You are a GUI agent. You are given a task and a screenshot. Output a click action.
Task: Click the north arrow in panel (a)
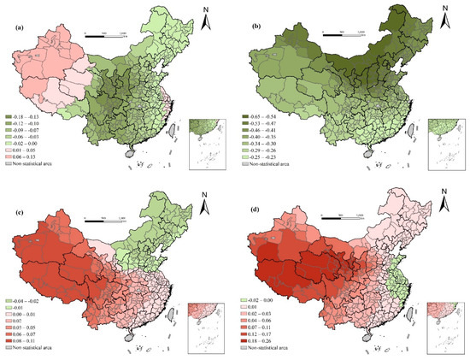pos(207,15)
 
